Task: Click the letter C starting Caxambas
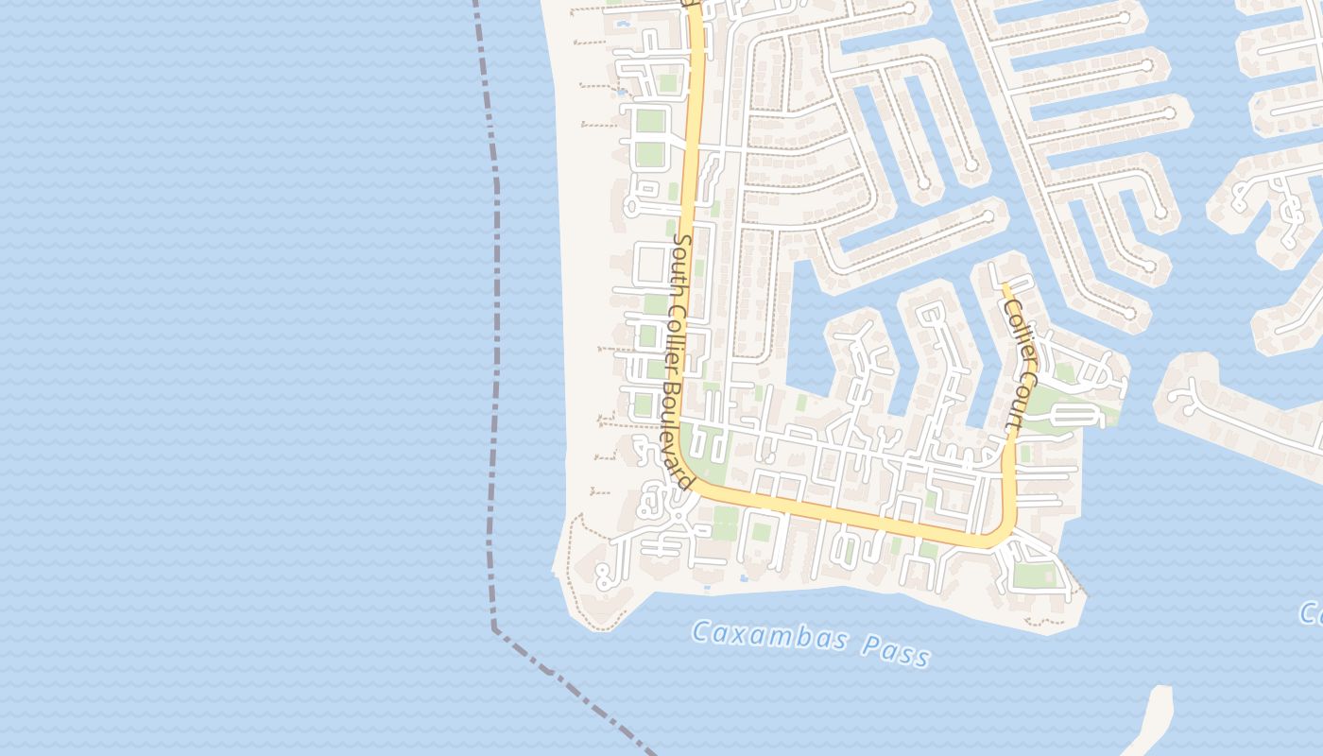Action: tap(700, 630)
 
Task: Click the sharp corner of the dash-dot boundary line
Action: tap(494, 628)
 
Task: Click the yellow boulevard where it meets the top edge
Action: tap(693, 4)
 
